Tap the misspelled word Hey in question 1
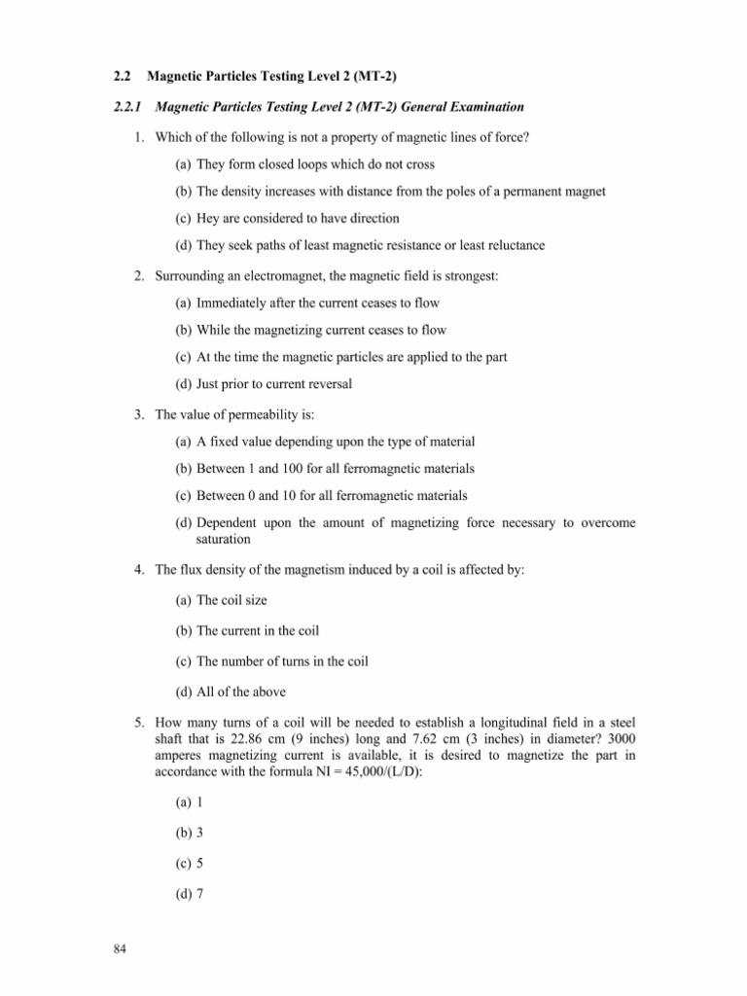208,219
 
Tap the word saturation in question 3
225,539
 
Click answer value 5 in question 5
199,862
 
